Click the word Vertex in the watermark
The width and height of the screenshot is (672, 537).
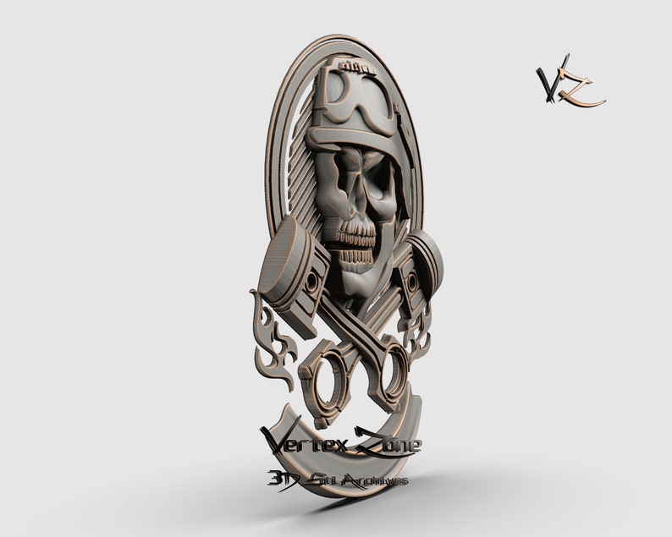(x=298, y=441)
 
